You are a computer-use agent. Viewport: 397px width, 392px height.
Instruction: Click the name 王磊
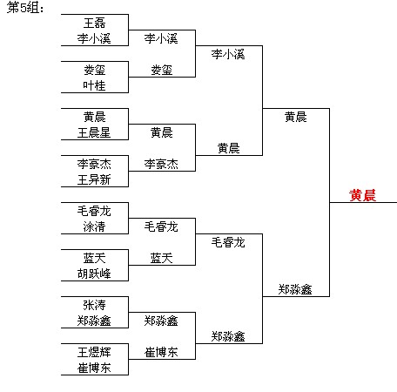tap(94, 23)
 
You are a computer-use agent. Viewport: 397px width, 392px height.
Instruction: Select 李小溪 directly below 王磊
tap(94, 38)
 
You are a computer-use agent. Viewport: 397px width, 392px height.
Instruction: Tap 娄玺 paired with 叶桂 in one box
tap(94, 70)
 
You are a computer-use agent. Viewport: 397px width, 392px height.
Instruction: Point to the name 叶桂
tap(94, 85)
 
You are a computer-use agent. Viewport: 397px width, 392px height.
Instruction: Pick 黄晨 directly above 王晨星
tap(94, 117)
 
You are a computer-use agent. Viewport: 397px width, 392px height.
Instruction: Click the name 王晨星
tap(94, 132)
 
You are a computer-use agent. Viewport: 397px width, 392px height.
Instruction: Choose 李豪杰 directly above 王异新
tap(94, 164)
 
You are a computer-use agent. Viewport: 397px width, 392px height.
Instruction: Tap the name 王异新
tap(94, 179)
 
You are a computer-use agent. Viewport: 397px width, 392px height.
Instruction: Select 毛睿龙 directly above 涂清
tap(94, 211)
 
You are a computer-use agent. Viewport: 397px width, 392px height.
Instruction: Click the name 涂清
tap(94, 226)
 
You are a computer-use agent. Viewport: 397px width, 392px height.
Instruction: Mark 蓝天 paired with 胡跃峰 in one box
tap(94, 258)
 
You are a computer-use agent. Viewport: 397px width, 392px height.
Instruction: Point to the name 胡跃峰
tap(94, 274)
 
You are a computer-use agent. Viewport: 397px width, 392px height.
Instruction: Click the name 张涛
tap(94, 305)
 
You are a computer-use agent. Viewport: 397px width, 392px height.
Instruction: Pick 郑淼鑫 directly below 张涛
tap(94, 321)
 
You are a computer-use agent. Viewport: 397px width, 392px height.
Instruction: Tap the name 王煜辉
tap(94, 352)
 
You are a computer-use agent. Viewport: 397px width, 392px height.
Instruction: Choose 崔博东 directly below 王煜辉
tap(94, 368)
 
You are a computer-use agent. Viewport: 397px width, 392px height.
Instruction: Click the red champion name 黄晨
tap(362, 195)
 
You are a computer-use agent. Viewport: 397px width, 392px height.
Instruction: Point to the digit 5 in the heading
tap(23, 8)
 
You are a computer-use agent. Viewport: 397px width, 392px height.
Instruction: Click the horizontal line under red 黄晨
tap(363, 202)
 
